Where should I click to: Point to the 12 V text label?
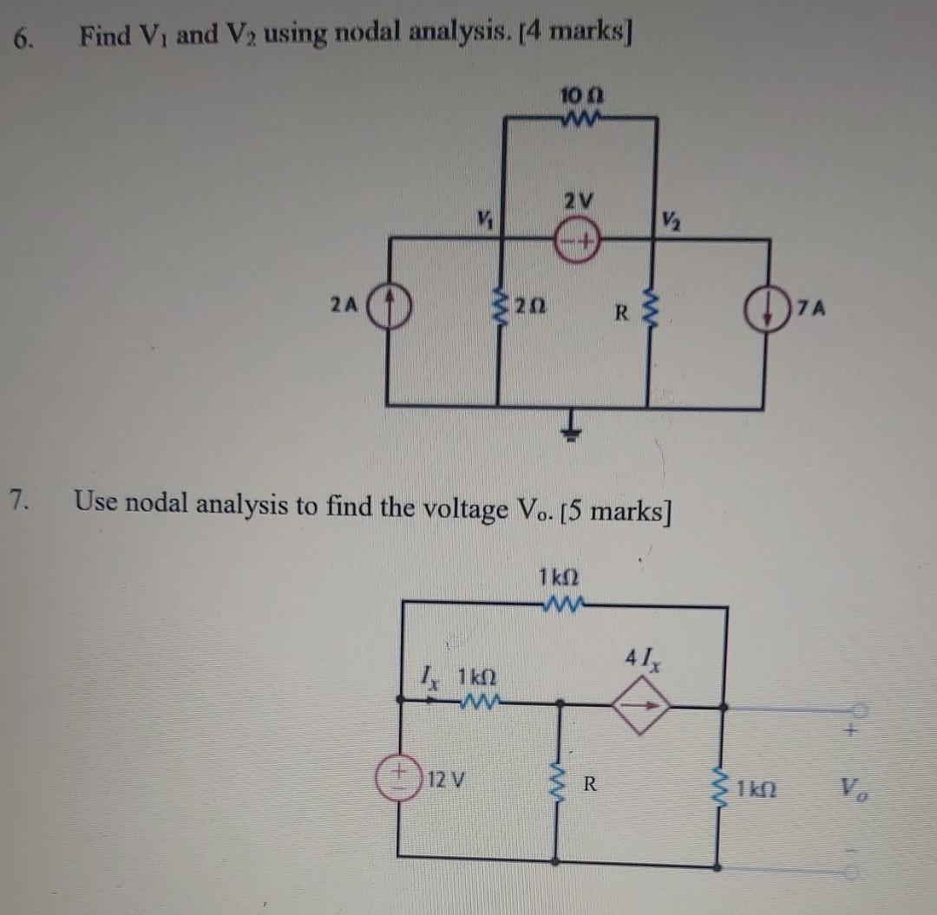click(x=448, y=779)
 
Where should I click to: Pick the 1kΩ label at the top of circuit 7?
click(x=559, y=576)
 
